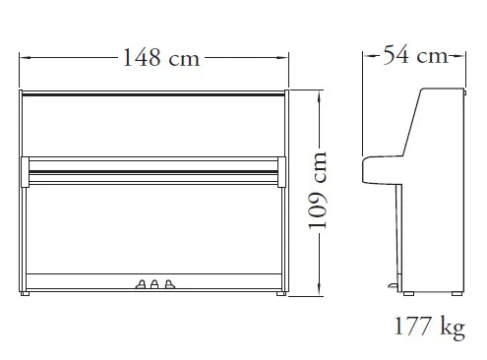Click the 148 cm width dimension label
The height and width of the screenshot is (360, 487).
161,58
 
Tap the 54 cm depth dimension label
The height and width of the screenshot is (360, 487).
415,55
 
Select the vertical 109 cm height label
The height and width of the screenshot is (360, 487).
318,191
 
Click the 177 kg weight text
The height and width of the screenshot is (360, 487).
429,327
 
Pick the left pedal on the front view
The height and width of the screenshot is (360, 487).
141,284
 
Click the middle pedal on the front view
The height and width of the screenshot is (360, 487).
154,284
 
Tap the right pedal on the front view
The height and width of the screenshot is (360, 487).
169,284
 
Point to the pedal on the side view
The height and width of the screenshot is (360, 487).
393,286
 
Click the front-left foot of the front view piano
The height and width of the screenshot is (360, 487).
25,294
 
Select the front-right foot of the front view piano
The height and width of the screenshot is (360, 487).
281,294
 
